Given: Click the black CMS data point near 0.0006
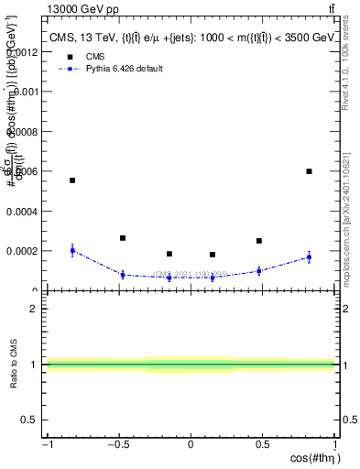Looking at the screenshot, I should pyautogui.click(x=309, y=171).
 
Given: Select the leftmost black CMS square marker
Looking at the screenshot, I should pyautogui.click(x=72, y=180).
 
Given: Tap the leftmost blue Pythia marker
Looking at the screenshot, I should pyautogui.click(x=72, y=250).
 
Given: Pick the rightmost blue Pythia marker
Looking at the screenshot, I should pyautogui.click(x=309, y=257).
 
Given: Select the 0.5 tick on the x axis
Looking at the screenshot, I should pyautogui.click(x=262, y=445).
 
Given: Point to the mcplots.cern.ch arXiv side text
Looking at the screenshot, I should pyautogui.click(x=352, y=211).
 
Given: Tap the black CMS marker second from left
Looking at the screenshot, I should pyautogui.click(x=122, y=238).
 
